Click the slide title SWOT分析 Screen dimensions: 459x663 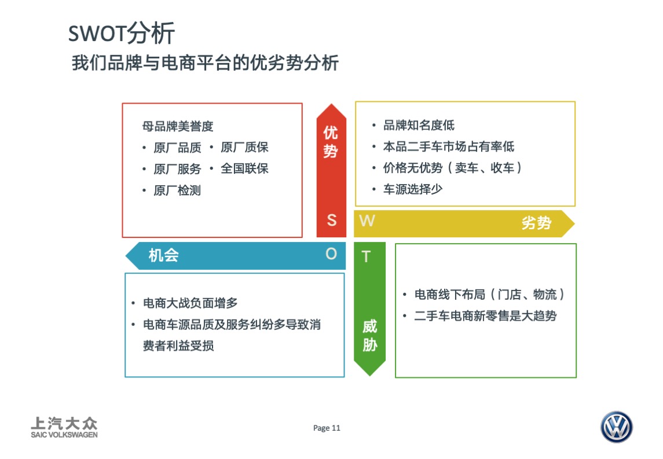121,34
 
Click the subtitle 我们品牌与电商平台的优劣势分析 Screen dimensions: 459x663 204,63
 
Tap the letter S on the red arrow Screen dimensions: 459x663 331,220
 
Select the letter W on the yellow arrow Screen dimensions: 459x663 367,221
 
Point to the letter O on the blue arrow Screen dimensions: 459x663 331,254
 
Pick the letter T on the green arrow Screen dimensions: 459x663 366,256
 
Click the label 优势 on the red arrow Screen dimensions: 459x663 331,142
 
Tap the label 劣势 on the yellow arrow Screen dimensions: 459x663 536,223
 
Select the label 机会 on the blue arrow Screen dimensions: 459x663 163,255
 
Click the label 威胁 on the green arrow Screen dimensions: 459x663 369,336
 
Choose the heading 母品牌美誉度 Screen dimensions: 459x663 178,127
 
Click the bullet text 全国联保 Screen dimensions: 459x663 244,168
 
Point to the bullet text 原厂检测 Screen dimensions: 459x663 177,190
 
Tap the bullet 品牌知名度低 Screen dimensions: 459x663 419,126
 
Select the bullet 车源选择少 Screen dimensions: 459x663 413,189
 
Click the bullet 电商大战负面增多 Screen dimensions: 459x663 190,303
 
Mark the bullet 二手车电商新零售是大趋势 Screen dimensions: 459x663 485,316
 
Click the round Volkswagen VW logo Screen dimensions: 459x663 616,428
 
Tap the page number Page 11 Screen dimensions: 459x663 327,428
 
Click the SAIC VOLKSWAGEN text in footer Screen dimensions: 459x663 64,435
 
